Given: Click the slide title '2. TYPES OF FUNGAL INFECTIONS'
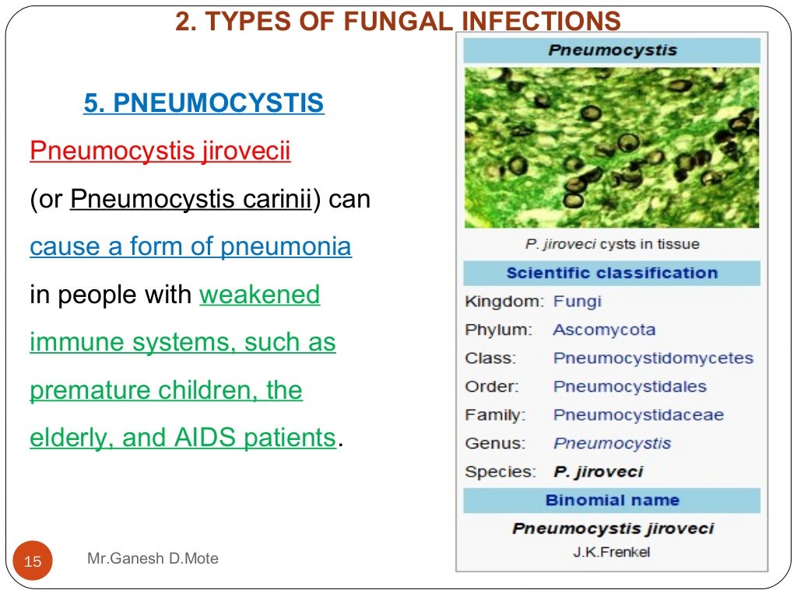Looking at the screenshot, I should tap(398, 20).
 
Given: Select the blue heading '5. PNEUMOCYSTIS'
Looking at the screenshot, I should tap(204, 103).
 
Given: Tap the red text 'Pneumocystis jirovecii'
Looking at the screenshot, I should tap(160, 151).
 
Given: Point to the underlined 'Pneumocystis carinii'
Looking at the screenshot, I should tap(191, 199).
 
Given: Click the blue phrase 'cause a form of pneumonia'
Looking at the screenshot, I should tap(191, 247).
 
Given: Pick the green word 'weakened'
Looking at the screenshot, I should tap(260, 295).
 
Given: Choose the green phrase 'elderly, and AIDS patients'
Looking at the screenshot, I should tap(183, 438).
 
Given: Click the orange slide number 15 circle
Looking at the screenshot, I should tap(33, 560).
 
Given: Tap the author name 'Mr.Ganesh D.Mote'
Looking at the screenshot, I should tap(153, 558).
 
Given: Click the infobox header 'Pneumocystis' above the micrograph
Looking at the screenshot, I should tap(612, 51).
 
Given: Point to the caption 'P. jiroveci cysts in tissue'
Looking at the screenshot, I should tap(612, 244).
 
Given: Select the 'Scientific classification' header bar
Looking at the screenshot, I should tap(612, 273).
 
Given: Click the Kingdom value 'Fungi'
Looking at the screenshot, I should tap(577, 301).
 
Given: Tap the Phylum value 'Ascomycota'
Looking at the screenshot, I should tap(604, 330).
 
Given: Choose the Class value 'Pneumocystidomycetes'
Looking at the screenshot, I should tap(653, 358).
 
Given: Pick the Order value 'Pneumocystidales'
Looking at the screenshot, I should tap(630, 386).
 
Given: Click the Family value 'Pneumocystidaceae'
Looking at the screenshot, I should tap(638, 415).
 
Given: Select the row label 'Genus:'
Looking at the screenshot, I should tap(495, 444).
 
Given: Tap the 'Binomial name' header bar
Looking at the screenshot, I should tap(612, 500).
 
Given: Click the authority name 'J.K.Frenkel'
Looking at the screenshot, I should tap(612, 553).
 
